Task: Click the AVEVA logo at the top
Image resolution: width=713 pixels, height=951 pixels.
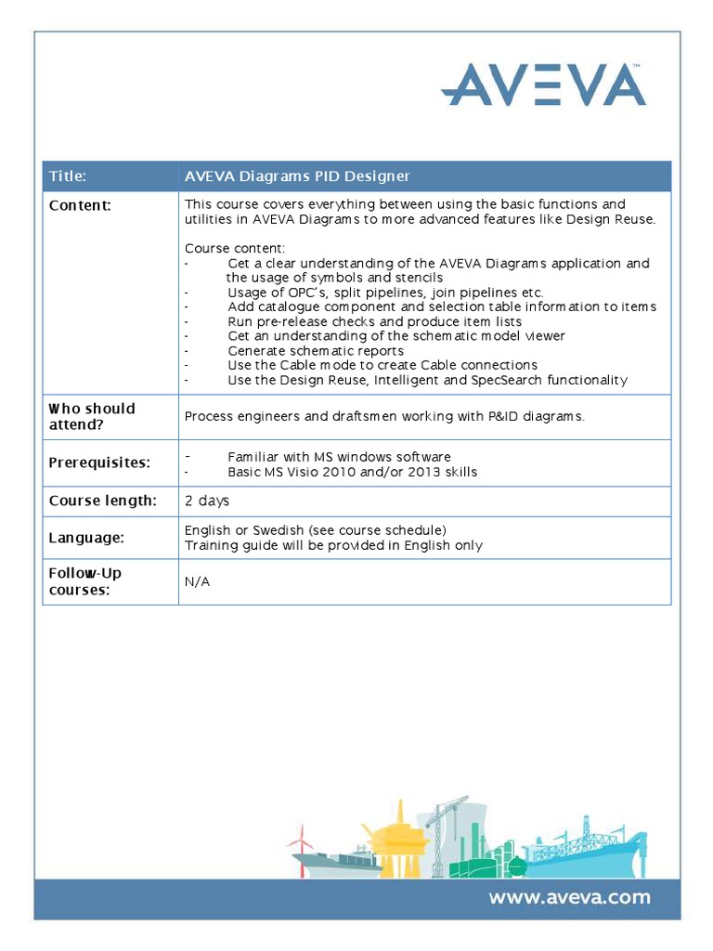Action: [543, 85]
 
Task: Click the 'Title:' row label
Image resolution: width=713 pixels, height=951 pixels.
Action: [68, 176]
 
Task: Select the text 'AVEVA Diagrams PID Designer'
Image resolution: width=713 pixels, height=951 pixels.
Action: [297, 176]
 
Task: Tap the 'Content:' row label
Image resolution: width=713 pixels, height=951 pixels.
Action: [80, 205]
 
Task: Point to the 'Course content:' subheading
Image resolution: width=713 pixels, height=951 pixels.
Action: [235, 248]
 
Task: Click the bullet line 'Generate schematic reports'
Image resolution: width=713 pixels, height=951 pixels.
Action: [315, 351]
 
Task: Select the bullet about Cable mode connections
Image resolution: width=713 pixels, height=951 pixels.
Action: [382, 365]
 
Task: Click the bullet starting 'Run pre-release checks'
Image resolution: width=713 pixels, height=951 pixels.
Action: [374, 321]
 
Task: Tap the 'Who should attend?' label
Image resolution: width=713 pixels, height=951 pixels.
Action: [91, 416]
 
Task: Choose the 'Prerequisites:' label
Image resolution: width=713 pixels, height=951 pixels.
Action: [99, 462]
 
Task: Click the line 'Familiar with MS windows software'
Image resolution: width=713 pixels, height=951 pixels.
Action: [339, 457]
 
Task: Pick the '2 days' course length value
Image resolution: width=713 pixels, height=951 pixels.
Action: [207, 502]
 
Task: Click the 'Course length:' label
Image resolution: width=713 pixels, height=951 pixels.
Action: [102, 502]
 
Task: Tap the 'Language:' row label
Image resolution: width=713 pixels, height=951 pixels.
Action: [86, 538]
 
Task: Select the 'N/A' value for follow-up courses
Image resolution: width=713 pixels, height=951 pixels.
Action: [197, 582]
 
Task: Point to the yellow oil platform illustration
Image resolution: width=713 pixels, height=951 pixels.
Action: [394, 840]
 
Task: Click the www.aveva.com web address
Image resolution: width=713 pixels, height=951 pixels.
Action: [569, 898]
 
